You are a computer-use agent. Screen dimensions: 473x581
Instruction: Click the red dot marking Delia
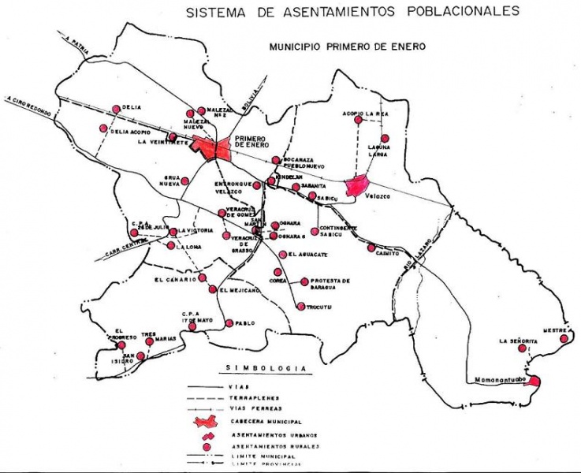point(117,108)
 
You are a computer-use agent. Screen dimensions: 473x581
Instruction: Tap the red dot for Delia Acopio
point(102,129)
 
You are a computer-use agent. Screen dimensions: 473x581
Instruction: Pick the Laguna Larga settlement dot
point(385,138)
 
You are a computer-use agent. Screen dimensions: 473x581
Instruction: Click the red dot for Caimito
point(371,248)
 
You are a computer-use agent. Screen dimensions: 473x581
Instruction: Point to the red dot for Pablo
point(229,323)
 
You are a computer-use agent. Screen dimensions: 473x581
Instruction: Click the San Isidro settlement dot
point(140,356)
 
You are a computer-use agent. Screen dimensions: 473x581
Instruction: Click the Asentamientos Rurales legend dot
point(207,446)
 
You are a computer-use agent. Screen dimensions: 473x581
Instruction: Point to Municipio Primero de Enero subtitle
point(348,47)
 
